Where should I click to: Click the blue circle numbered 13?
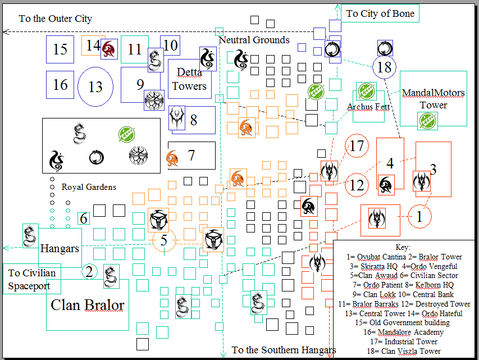pos(95,87)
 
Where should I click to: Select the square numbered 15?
pos(60,49)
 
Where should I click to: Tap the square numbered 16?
pos(60,84)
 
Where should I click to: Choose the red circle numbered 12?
pos(357,184)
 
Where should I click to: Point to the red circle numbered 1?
pos(419,216)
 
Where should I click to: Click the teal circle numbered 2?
pos(89,272)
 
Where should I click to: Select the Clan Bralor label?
pos(87,305)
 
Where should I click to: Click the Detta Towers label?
pos(189,79)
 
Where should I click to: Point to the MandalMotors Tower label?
pos(433,98)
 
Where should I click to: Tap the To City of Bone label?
pos(380,13)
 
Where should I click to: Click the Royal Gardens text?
pos(89,187)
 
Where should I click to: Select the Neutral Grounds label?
pos(254,40)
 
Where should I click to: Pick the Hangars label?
pos(60,248)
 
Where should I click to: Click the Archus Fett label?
pos(368,107)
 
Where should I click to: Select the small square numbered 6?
pos(84,218)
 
